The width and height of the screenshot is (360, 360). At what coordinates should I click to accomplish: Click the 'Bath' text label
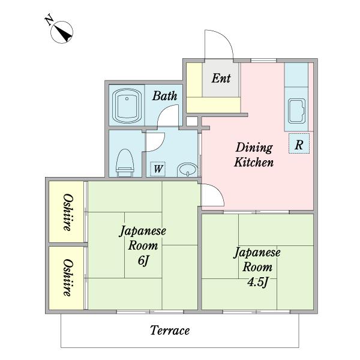coord(164,96)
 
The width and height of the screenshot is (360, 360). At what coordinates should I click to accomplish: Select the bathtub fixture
coord(127,106)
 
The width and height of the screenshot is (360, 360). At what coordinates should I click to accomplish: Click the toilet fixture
coord(124,161)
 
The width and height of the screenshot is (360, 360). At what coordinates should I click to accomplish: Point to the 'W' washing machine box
coord(157,169)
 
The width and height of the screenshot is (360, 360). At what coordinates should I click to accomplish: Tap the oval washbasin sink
coord(187,169)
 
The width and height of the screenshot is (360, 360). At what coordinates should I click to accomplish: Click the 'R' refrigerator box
coord(298,144)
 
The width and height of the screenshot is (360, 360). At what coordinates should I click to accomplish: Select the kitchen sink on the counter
coord(297,111)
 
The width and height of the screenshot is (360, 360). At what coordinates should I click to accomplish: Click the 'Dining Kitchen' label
coord(254,155)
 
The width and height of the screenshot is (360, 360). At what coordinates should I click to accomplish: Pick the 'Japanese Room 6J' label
coord(142,245)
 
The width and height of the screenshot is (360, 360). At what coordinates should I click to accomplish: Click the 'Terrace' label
coord(170,330)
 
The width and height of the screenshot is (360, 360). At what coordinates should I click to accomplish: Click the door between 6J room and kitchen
coord(211,196)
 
